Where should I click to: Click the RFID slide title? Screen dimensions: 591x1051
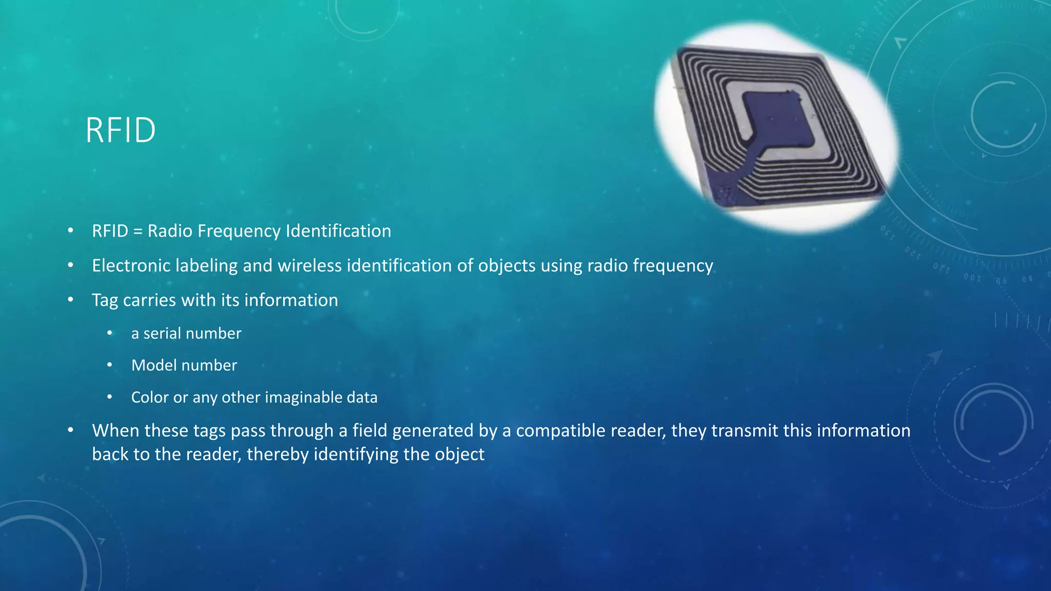tap(121, 130)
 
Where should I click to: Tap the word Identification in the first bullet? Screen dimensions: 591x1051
tap(338, 231)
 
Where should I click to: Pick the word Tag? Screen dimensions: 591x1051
tap(105, 301)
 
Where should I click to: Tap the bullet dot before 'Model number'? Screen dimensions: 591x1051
tap(109, 365)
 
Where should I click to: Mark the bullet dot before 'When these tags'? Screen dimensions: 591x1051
tap(71, 430)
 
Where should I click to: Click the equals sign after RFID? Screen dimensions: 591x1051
tap(138, 231)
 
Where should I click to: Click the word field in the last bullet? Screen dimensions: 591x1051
tap(369, 431)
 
